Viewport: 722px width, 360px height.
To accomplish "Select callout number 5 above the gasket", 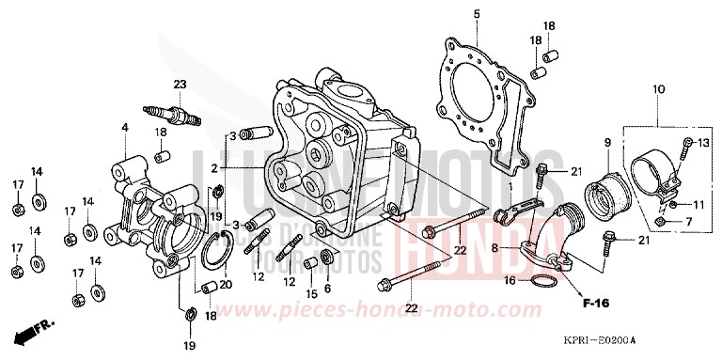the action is coord(476,13).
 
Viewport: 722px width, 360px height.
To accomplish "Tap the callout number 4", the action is coord(124,128).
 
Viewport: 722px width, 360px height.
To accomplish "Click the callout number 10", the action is coord(657,88).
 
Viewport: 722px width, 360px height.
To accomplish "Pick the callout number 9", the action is coord(606,142).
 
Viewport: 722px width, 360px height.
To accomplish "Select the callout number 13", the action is coord(705,142).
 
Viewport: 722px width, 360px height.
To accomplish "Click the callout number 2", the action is coord(214,167).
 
